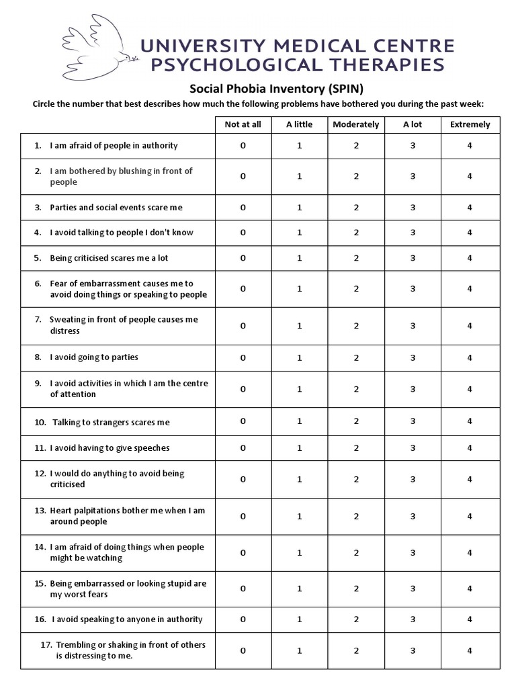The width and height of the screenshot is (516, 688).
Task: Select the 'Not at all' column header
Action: [x=243, y=124]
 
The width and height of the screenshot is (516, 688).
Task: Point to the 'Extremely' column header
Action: [x=470, y=124]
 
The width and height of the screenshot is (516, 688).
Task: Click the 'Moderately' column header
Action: [x=356, y=124]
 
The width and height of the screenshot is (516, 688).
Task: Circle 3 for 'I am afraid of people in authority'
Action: [x=413, y=146]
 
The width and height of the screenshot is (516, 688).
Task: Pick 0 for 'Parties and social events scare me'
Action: [x=243, y=208]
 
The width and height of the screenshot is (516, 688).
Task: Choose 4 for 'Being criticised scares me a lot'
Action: [x=470, y=258]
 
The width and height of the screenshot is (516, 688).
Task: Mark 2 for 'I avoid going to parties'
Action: [x=356, y=357]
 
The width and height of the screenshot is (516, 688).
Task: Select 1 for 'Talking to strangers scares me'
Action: [x=300, y=421]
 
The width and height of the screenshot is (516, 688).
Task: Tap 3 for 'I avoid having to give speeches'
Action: [x=413, y=448]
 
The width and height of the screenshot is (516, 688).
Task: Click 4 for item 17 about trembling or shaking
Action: [x=470, y=650]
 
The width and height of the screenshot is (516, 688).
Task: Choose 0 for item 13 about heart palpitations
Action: [x=243, y=516]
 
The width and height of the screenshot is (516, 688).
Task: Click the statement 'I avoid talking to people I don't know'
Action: [x=121, y=232]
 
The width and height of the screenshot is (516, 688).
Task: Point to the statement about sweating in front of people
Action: [x=124, y=325]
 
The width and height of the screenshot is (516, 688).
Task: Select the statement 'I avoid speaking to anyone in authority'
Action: [x=126, y=619]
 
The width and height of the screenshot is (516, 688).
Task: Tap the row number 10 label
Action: [x=40, y=423]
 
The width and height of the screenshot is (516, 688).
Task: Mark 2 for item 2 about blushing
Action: [x=356, y=176]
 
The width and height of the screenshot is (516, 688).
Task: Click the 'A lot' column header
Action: [x=413, y=124]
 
